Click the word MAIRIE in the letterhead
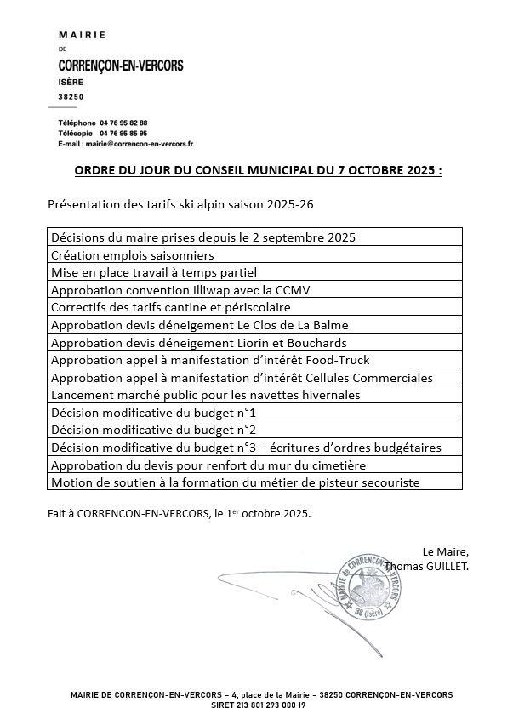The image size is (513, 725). pyautogui.click(x=82, y=35)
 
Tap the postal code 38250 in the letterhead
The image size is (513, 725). pyautogui.click(x=71, y=97)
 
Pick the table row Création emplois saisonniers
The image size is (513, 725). pyautogui.click(x=132, y=254)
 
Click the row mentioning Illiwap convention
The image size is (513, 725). pyautogui.click(x=180, y=289)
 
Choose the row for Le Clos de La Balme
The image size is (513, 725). pyautogui.click(x=199, y=324)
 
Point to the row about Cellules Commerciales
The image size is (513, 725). pyautogui.click(x=242, y=377)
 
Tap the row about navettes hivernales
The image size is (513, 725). pyautogui.click(x=205, y=395)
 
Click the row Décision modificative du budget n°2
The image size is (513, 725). pyautogui.click(x=154, y=430)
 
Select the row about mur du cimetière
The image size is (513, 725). pyautogui.click(x=208, y=465)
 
